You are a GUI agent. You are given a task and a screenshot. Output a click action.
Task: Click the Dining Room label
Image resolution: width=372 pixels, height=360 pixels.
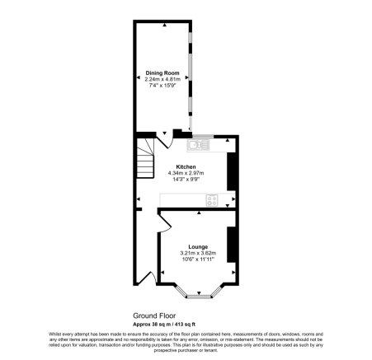coord(162,73)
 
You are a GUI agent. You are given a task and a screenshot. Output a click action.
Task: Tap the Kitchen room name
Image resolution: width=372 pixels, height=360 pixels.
coord(186,166)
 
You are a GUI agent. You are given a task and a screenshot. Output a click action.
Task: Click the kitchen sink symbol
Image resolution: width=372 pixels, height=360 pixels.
coord(199,146)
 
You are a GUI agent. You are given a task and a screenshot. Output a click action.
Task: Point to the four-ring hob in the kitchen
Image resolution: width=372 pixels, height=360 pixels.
coord(212,199)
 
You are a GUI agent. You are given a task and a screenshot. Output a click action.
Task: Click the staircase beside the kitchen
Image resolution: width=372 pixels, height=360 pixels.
coord(145,161)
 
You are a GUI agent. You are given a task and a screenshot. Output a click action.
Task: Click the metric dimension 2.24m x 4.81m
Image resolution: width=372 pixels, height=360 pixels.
coord(162,80)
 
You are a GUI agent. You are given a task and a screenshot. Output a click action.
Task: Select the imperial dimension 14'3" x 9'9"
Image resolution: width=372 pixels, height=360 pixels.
coord(186,179)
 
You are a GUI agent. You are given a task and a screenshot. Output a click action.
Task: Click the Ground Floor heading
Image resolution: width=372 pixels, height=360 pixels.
coord(155,316)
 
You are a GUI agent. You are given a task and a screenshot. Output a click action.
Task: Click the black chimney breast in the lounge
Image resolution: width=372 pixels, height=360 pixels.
coord(232,245)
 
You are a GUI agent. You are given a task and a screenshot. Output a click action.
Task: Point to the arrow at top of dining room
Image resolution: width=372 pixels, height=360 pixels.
coord(163,25)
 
